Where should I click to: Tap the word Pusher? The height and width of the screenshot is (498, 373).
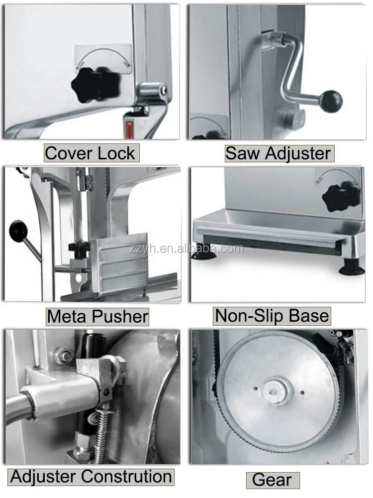[x=121, y=316]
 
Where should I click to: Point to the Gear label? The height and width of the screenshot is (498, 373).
[x=273, y=480]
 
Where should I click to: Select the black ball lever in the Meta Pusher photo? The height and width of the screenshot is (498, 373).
[x=19, y=231]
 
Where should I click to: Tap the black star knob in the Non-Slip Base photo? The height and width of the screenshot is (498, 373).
[x=341, y=196]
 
